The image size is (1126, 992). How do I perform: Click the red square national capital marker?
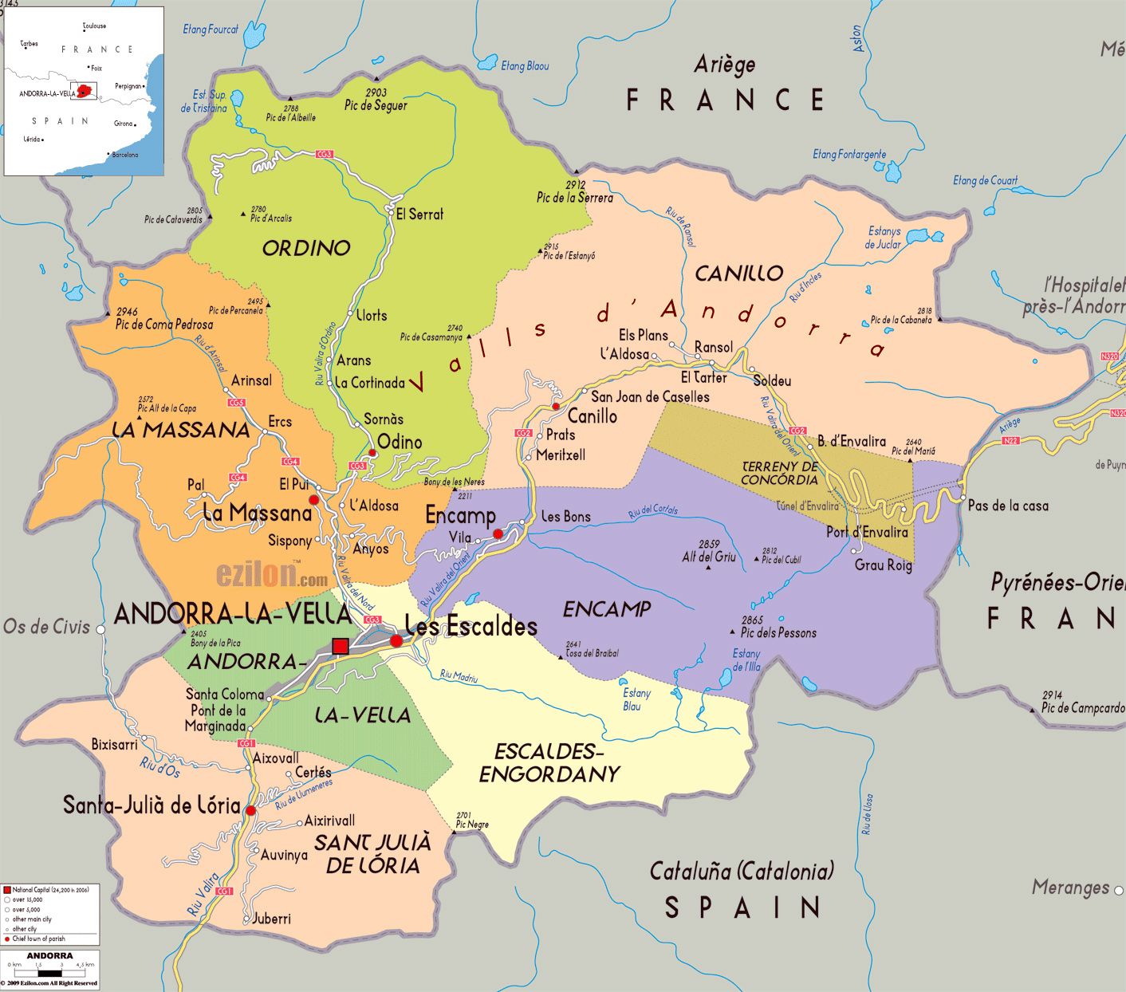pos(341,646)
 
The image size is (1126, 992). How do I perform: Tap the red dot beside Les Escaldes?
pos(396,640)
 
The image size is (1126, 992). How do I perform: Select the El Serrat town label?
pos(419,214)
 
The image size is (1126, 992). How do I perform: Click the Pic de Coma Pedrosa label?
pos(164,324)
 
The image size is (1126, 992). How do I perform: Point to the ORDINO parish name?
pos(306,248)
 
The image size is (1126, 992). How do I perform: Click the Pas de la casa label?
pos(1008,506)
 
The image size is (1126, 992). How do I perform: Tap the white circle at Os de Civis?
pos(101,629)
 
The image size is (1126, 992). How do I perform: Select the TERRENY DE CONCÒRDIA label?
pos(779,473)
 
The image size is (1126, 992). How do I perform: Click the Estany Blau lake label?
pos(636,699)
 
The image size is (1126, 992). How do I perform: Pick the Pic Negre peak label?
pos(472,824)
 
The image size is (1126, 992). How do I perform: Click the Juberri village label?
pos(271,919)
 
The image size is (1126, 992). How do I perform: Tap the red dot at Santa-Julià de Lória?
pos(250,810)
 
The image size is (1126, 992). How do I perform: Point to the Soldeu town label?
pos(772,381)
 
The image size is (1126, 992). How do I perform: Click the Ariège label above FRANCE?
pos(724,65)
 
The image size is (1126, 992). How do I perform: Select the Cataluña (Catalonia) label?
pos(742,871)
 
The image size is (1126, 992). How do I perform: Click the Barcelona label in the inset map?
pos(124,155)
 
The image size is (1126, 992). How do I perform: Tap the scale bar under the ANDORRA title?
pos(49,972)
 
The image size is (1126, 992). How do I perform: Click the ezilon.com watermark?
pos(271,575)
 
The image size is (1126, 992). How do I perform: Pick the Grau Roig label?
pos(883,565)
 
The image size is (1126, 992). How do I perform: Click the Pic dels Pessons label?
pos(778,633)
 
